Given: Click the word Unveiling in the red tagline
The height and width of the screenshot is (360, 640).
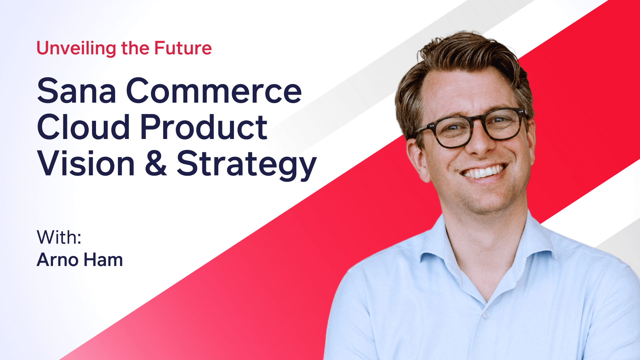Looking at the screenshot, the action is pyautogui.click(x=76, y=49).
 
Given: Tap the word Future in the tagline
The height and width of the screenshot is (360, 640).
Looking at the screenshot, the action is pyautogui.click(x=183, y=48).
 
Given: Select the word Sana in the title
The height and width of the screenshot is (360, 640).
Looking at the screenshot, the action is pyautogui.click(x=77, y=91).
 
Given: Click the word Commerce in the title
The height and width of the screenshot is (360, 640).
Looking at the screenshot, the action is pyautogui.click(x=214, y=91).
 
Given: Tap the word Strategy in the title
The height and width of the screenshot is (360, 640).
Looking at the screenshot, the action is pyautogui.click(x=247, y=165).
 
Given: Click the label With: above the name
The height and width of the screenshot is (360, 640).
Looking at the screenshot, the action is pyautogui.click(x=59, y=237).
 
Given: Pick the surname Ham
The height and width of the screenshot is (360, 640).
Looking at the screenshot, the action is pyautogui.click(x=103, y=260).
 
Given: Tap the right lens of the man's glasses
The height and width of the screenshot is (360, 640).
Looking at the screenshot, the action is pyautogui.click(x=503, y=124).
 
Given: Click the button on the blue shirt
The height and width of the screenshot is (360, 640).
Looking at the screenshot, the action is pyautogui.click(x=486, y=314).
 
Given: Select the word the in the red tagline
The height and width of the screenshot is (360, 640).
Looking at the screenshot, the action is pyautogui.click(x=135, y=48).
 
